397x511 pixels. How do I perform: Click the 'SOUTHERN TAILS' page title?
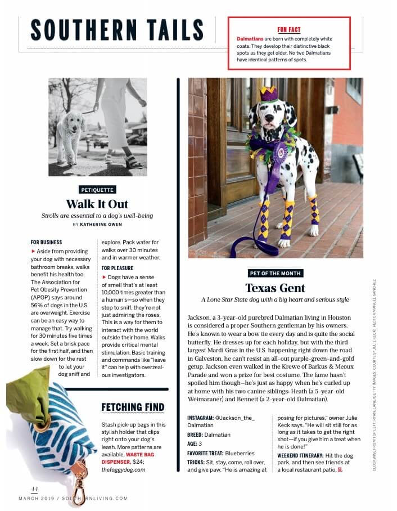click(x=117, y=29)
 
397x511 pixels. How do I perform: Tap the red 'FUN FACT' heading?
click(x=289, y=29)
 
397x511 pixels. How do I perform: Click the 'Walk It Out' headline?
click(x=97, y=204)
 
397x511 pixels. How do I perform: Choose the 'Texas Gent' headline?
click(x=275, y=288)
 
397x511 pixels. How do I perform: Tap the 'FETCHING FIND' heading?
click(x=133, y=407)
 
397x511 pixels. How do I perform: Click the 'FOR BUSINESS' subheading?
click(x=46, y=242)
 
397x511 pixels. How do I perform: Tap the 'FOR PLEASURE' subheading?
click(x=118, y=268)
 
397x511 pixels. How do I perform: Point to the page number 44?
click(x=25, y=488)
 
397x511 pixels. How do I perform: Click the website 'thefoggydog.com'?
click(x=124, y=469)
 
